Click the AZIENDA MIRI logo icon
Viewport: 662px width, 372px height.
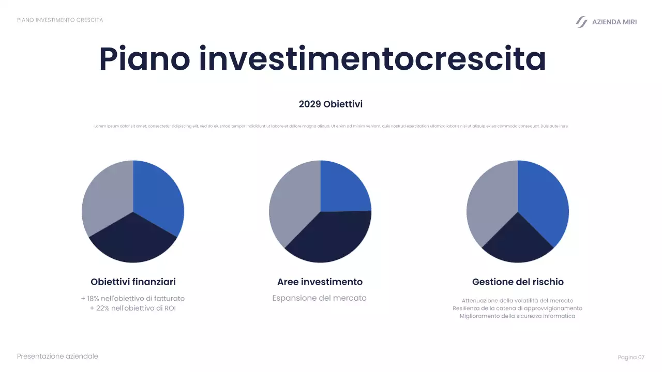tap(581, 22)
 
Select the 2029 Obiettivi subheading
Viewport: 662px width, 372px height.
tap(330, 104)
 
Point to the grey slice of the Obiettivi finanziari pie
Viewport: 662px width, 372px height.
tap(106, 199)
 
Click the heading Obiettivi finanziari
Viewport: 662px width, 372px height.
tap(133, 282)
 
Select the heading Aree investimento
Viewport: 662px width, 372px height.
tap(320, 282)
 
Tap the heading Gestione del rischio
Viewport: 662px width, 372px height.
tap(518, 282)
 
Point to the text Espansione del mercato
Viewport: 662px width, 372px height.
tap(319, 298)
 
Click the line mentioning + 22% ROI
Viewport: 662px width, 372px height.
tap(133, 308)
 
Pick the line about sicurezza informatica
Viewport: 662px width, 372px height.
tap(517, 316)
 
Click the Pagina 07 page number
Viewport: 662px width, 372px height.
tap(631, 358)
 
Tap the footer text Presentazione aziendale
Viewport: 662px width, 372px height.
tap(57, 357)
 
